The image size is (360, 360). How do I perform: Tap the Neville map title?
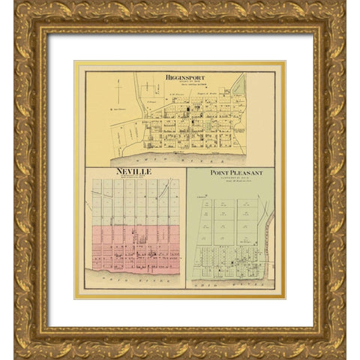point(133,172)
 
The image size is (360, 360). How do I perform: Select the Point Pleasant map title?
point(232,172)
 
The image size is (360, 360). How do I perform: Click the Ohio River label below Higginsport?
point(178,159)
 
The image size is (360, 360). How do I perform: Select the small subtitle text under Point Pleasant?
point(232,179)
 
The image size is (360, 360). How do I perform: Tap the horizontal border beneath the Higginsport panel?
point(180,166)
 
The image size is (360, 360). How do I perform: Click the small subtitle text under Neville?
point(133,178)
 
